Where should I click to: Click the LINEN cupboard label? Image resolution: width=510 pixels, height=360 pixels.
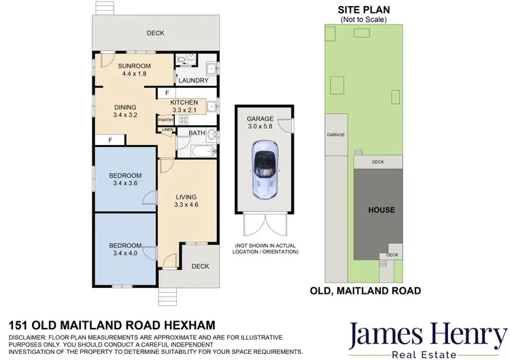pyautogui.click(x=167, y=129)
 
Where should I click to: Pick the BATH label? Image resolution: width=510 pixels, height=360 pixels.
pyautogui.click(x=197, y=133)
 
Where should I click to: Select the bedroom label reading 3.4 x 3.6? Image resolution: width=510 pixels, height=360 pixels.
pyautogui.click(x=125, y=180)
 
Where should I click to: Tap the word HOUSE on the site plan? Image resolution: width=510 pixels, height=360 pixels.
pyautogui.click(x=381, y=210)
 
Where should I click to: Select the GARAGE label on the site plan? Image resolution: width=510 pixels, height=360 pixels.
pyautogui.click(x=336, y=135)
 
